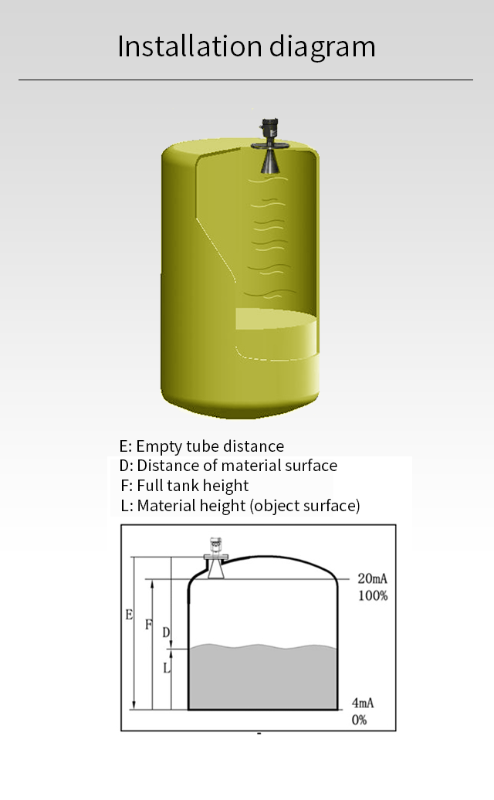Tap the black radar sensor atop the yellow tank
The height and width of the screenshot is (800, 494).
click(x=269, y=146)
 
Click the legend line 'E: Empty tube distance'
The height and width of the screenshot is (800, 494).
click(x=201, y=446)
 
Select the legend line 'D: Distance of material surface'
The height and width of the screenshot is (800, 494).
click(x=228, y=466)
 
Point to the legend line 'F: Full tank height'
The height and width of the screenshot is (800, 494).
click(x=185, y=485)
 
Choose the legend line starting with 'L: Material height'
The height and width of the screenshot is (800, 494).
click(x=241, y=506)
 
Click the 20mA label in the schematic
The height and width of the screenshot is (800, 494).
click(x=372, y=578)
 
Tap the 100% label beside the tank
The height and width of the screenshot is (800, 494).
click(x=373, y=595)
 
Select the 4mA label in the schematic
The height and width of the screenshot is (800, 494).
click(x=363, y=703)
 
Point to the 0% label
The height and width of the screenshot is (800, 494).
click(x=359, y=720)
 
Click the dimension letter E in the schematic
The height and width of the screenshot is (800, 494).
click(x=129, y=615)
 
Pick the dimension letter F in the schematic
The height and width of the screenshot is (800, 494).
click(x=148, y=625)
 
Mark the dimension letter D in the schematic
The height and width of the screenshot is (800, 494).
click(x=166, y=632)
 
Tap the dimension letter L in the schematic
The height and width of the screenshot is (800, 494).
click(x=166, y=667)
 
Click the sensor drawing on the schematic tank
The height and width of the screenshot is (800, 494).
click(x=215, y=558)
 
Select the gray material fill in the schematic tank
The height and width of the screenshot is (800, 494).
click(x=262, y=676)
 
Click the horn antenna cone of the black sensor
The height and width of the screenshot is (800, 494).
click(x=269, y=162)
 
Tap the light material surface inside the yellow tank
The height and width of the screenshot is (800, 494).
click(x=276, y=320)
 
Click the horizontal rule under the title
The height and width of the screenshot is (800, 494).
click(x=245, y=80)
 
